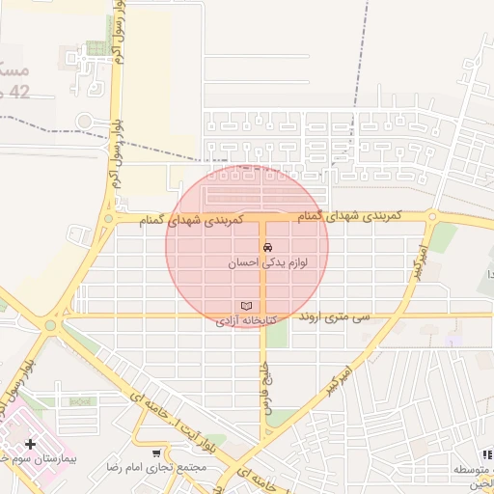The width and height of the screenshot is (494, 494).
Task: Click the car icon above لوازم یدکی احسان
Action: coord(267,246)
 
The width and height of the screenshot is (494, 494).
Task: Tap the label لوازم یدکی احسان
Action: coord(267,261)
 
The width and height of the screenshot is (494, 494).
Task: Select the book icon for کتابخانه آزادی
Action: coord(246,306)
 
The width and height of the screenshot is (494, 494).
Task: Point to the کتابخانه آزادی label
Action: coord(245,319)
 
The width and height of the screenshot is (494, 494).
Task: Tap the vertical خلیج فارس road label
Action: coord(264,389)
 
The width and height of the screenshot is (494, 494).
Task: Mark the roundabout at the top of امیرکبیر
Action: coord(432,217)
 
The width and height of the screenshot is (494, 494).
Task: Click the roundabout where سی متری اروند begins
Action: coord(50,324)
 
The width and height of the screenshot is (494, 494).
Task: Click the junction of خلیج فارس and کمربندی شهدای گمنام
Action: coord(263,220)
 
